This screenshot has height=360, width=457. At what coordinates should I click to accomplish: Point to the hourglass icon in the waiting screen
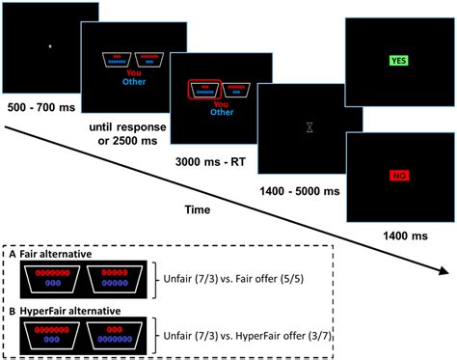308,126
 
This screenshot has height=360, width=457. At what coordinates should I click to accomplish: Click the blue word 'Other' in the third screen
221,112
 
